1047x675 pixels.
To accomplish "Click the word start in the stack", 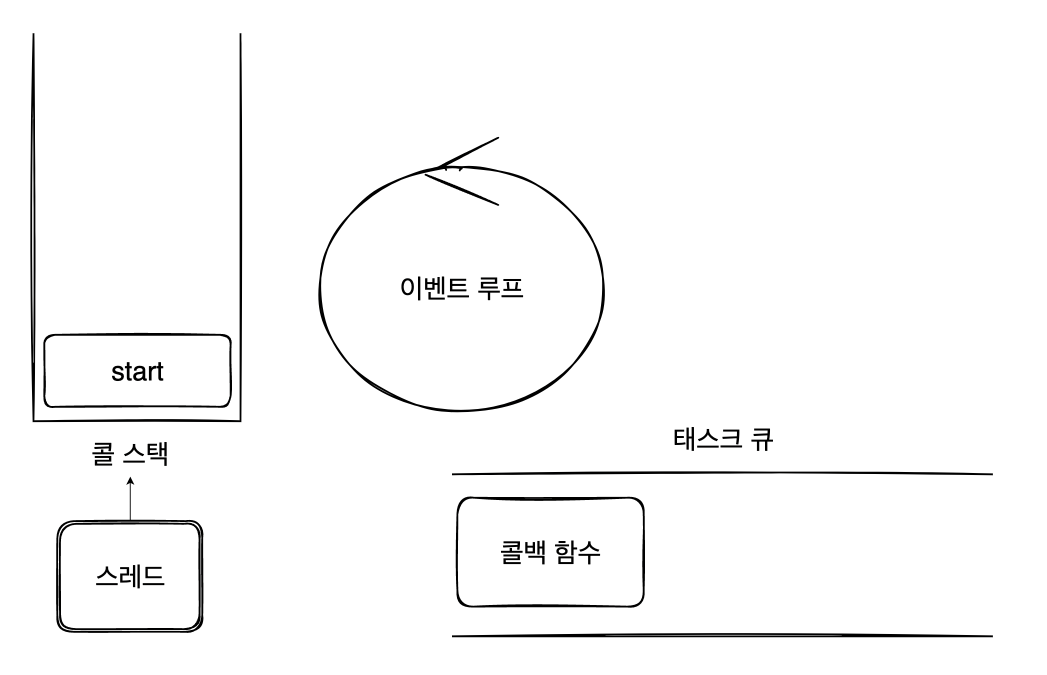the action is click(x=137, y=372).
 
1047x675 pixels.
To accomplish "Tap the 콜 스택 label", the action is click(x=130, y=454).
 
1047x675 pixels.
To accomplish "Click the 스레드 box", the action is click(x=130, y=600).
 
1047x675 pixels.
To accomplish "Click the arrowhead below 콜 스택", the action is click(x=130, y=481).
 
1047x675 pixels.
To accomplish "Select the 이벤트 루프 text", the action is click(x=461, y=288).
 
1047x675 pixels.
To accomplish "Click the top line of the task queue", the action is click(x=722, y=473).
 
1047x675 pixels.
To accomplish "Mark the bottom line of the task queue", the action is click(x=722, y=636).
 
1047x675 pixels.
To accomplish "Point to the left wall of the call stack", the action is click(x=33, y=225).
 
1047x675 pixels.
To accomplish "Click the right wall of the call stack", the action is click(x=240, y=225).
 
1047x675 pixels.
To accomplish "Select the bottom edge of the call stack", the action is click(x=137, y=420).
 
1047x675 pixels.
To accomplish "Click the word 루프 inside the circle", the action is click(x=500, y=288).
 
